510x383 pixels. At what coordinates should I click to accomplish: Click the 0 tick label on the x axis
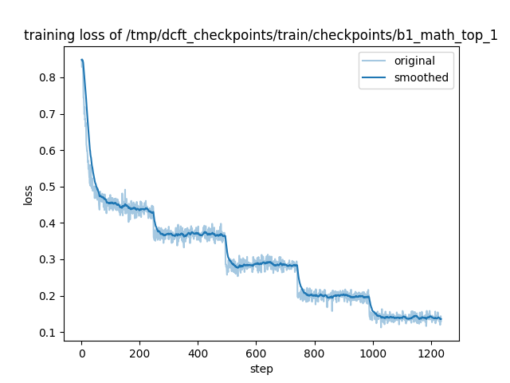[81, 353]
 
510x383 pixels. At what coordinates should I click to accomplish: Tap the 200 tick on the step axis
[139, 353]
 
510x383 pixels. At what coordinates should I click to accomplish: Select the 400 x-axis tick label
[198, 353]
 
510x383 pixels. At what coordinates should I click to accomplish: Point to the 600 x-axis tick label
[256, 353]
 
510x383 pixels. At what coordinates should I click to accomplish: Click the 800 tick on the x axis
[314, 353]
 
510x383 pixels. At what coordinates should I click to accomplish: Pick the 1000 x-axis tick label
[372, 353]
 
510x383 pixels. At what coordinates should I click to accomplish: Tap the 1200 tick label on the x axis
[430, 353]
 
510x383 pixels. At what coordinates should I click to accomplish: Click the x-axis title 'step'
[261, 368]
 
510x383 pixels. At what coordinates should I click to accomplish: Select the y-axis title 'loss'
[28, 195]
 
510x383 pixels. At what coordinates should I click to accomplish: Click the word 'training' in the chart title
[47, 35]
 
